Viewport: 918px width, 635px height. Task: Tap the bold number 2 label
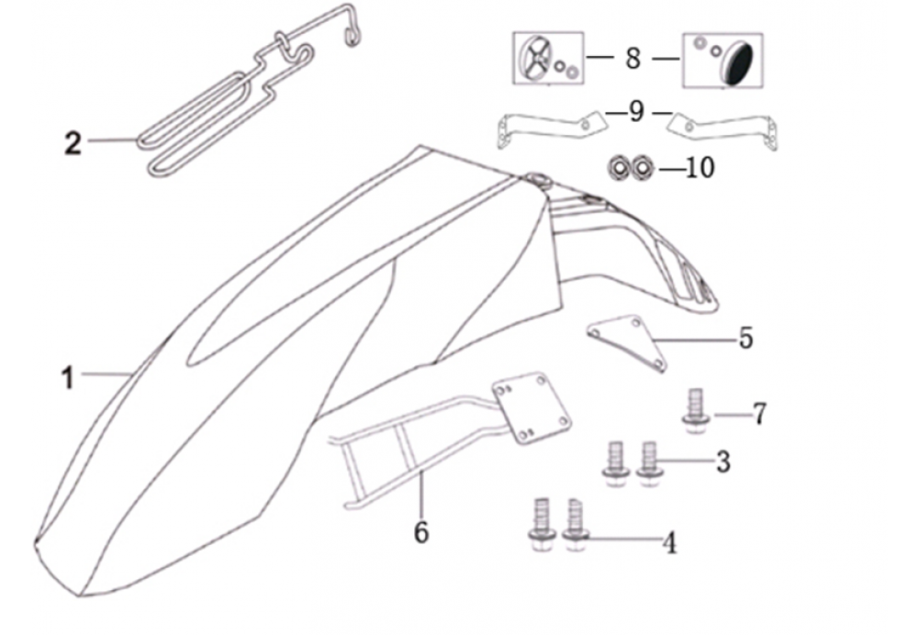coord(73,143)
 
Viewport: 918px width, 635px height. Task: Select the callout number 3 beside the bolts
coord(723,462)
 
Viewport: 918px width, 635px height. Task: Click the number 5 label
coord(745,339)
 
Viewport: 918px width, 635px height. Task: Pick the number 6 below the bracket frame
coord(421,532)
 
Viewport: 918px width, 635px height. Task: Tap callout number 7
coord(759,415)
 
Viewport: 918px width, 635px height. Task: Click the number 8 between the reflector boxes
coord(633,59)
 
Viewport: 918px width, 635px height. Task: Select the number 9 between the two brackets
coord(636,111)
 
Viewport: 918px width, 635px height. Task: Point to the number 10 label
coord(700,168)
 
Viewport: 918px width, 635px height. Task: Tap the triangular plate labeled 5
coord(627,343)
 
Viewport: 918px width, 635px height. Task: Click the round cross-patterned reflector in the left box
coord(536,59)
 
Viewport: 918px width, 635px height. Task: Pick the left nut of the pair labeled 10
coord(618,168)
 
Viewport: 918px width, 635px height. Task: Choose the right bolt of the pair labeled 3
coord(649,462)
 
